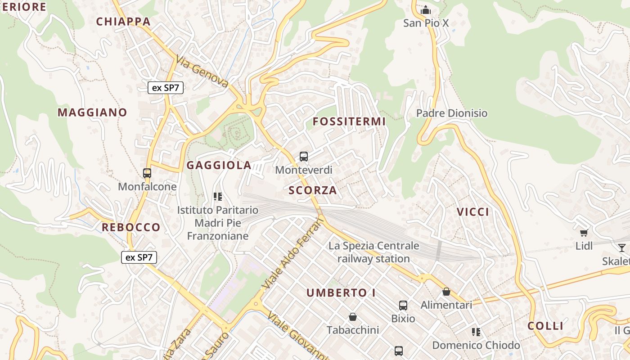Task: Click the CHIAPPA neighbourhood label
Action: [x=123, y=21]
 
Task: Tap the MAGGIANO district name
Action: [x=92, y=112]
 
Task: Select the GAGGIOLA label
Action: [x=219, y=165]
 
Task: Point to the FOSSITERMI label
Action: [x=349, y=121]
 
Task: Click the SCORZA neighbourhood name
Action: [x=313, y=190]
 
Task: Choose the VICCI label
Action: [x=473, y=212]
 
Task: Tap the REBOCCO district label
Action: [x=131, y=227]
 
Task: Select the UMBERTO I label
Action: [x=341, y=293]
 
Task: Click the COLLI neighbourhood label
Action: [x=545, y=326]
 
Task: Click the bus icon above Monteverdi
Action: [x=304, y=157]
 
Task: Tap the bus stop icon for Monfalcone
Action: [x=147, y=173]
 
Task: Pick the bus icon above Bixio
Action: [x=403, y=306]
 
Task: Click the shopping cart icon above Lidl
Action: [x=584, y=233]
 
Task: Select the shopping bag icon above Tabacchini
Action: [x=353, y=317]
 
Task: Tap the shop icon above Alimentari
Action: [x=446, y=292]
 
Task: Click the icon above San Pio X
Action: [x=426, y=10]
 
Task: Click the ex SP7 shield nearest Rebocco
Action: [x=139, y=257]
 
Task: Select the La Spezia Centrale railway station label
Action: [x=373, y=252]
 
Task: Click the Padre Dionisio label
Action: [x=452, y=113]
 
